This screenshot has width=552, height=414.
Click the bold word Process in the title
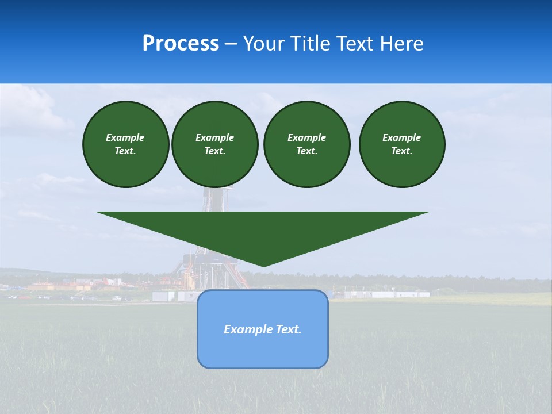point(181,44)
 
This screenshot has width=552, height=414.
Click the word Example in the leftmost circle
point(125,137)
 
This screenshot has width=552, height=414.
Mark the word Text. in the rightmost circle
point(402,151)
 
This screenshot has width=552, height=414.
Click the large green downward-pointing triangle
point(263,230)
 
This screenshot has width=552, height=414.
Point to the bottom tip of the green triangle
point(263,266)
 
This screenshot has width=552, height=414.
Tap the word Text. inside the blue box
point(289,329)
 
